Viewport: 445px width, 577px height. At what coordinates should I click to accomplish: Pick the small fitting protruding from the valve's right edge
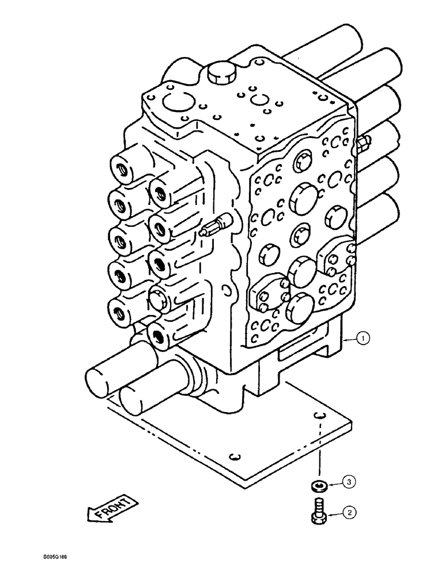[363, 144]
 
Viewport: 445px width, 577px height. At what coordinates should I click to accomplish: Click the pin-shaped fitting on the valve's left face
[217, 230]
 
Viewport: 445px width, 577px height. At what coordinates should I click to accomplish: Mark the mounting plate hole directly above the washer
[321, 416]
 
